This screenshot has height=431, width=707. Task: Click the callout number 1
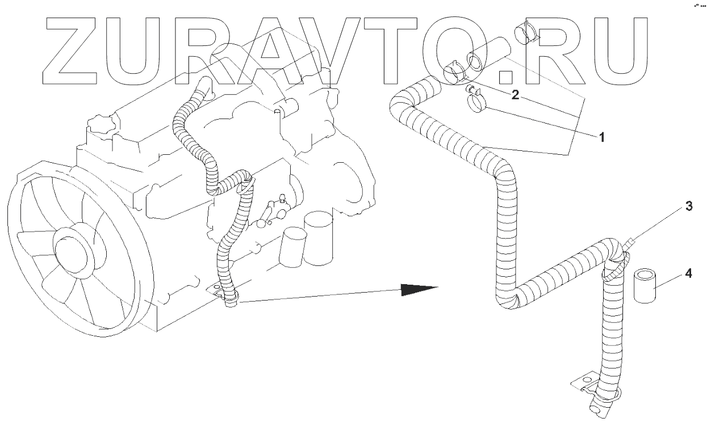click(601, 137)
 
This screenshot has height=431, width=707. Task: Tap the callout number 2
click(515, 95)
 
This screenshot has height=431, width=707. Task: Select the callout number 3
click(688, 207)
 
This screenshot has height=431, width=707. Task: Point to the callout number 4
click(688, 273)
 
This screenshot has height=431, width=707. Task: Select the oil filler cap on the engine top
click(101, 126)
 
